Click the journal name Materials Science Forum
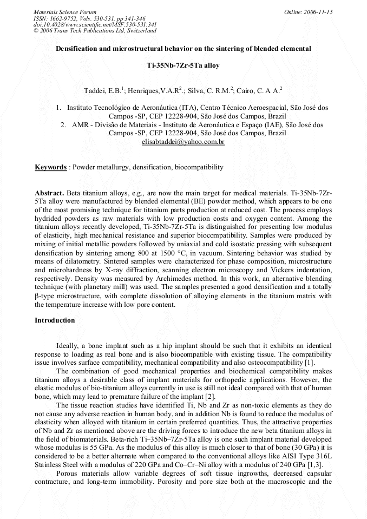65,11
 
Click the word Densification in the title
77,48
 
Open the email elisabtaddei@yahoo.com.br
183,142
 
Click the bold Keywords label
50,167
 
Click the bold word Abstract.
49,193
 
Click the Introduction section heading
55,320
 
